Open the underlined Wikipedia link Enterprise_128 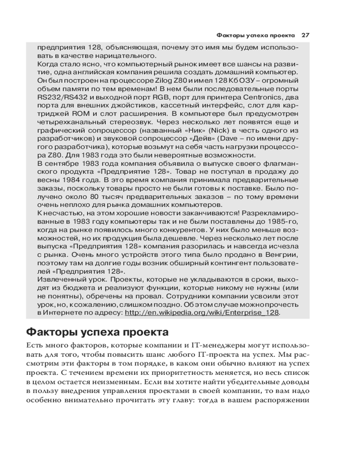pos(202,313)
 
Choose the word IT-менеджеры pos(227,346)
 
